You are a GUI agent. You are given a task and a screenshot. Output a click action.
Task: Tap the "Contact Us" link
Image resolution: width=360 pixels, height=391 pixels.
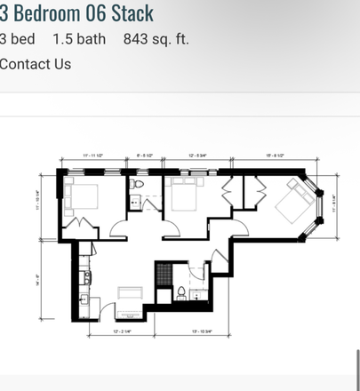pos(36,64)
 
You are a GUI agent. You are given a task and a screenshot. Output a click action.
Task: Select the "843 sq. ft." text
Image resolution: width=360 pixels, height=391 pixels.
pos(156,39)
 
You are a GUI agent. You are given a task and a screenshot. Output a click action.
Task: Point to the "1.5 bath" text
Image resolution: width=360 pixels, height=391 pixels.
pos(79,39)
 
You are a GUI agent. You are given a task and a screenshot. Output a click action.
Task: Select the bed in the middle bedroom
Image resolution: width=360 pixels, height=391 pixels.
pos(184,193)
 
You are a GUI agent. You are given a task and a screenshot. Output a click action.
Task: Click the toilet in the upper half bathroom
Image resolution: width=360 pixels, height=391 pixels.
pos(139,186)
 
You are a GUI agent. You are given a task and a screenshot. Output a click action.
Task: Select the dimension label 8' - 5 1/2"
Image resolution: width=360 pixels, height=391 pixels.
pos(146,156)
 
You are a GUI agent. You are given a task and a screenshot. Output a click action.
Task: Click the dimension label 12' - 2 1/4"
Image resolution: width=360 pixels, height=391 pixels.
pos(123,331)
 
